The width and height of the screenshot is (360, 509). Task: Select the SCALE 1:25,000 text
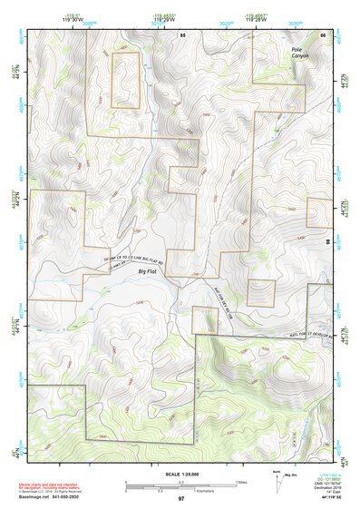pyautogui.click(x=180, y=474)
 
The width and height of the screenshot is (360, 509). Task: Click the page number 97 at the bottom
pyautogui.click(x=180, y=499)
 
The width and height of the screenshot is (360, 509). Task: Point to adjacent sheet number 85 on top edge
pyautogui.click(x=182, y=34)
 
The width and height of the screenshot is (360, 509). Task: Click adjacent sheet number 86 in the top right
pyautogui.click(x=323, y=34)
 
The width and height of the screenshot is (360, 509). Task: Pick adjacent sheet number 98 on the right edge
pyautogui.click(x=327, y=240)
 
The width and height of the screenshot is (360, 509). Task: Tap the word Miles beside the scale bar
pyautogui.click(x=240, y=482)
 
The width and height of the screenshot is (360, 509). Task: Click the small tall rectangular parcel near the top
pyautogui.click(x=125, y=79)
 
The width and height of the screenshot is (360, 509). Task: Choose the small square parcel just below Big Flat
pyautogui.click(x=205, y=319)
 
